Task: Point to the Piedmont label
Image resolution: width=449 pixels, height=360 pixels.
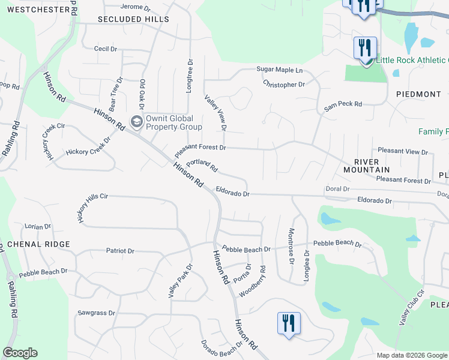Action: pos(419,94)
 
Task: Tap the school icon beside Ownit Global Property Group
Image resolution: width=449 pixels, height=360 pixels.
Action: pos(136,122)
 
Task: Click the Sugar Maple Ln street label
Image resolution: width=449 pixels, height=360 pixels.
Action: pos(280,70)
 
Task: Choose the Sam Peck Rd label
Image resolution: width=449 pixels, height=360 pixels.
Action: pos(343,106)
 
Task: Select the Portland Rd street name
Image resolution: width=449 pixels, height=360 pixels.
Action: pos(201,166)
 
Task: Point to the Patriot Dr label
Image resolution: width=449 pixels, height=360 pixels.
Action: pos(120,251)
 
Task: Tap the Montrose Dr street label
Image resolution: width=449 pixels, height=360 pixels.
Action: pos(291,247)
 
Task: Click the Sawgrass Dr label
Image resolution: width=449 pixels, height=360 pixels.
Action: pos(96,313)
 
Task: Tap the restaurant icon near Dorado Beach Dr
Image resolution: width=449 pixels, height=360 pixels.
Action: pos(289,323)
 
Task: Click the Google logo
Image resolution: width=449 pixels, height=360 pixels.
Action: pos(20,353)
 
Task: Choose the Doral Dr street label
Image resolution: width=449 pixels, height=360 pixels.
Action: pos(337,188)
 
